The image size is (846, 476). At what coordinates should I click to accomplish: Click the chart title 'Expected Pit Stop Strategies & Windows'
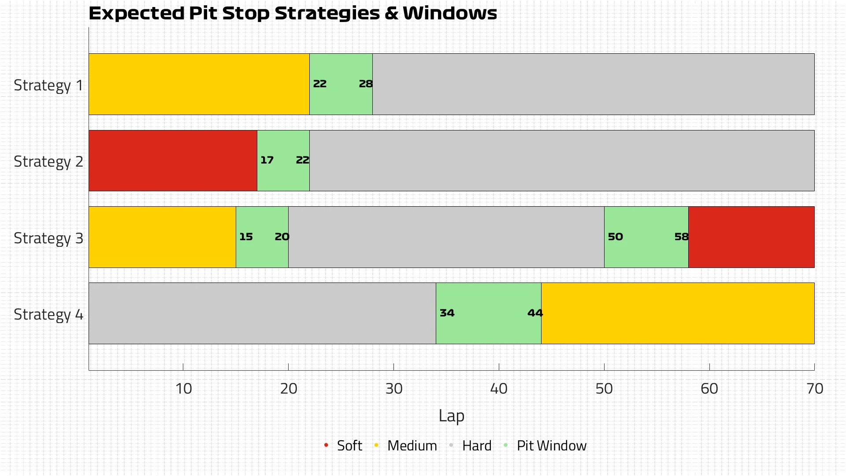293,13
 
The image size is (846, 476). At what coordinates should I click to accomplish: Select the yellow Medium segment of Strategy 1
199,84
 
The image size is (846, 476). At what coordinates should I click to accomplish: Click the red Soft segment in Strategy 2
173,160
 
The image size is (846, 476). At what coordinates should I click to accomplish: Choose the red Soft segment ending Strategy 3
751,237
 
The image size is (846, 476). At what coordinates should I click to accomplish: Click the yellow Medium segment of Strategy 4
678,313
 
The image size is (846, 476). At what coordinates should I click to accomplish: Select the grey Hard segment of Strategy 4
262,313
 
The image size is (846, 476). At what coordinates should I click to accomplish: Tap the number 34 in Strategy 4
447,313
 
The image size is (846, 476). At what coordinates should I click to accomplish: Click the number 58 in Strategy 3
681,237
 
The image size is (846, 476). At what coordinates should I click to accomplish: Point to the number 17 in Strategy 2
267,160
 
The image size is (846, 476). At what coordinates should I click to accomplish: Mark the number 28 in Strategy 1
366,84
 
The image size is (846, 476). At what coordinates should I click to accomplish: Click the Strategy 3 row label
48,238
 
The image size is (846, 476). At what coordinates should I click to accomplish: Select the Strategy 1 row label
48,85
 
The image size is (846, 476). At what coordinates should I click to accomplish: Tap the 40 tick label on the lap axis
499,389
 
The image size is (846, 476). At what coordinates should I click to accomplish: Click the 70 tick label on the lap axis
815,389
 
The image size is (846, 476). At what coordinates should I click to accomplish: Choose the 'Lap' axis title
451,416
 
